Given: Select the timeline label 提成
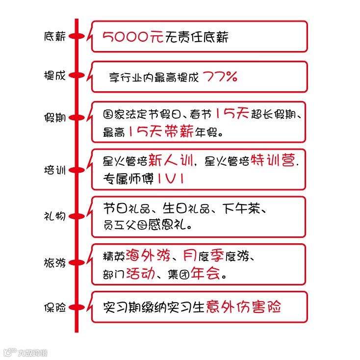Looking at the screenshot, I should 54,76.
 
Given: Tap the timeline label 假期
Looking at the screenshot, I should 54,118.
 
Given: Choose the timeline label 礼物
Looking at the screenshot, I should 54,216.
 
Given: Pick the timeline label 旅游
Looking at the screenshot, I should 54,262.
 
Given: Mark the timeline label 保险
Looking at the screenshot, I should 54,308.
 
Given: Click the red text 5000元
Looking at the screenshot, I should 133,37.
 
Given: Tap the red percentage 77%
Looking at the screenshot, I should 220,77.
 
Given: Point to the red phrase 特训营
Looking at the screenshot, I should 274,161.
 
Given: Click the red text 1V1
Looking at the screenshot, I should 171,179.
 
